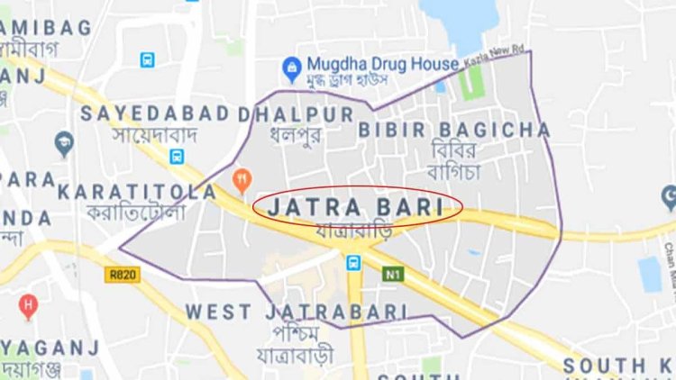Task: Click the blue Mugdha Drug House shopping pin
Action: (x=291, y=66)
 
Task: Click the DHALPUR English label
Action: (x=296, y=114)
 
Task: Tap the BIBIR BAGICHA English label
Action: (x=454, y=130)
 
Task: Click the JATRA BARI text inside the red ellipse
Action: (x=358, y=208)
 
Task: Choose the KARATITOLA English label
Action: (x=137, y=192)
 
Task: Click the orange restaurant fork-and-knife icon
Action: (x=241, y=179)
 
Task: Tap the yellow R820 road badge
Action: (x=117, y=273)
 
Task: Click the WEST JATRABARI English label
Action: (x=297, y=312)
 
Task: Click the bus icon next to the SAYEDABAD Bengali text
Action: (x=177, y=157)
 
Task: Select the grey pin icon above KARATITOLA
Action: (x=63, y=142)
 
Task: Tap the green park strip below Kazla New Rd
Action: (x=466, y=83)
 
